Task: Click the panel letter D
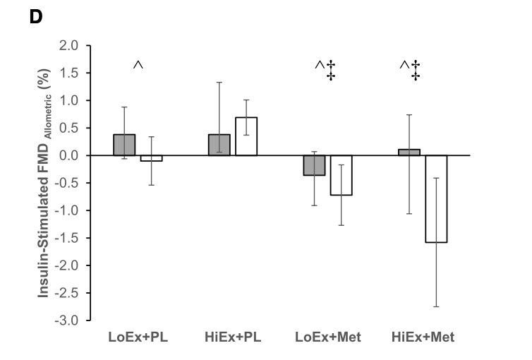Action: click(34, 15)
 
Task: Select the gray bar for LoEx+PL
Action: click(124, 145)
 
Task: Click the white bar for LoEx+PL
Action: click(151, 158)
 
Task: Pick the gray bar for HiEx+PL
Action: click(219, 145)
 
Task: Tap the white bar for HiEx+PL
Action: click(246, 136)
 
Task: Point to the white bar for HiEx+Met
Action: click(436, 198)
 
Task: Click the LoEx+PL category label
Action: click(138, 337)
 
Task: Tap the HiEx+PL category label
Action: click(233, 337)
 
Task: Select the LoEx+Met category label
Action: click(328, 337)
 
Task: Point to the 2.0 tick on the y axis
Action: click(72, 46)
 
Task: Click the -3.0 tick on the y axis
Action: click(71, 320)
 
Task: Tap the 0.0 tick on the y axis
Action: click(72, 155)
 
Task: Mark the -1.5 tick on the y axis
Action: click(71, 238)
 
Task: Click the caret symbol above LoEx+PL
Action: click(138, 66)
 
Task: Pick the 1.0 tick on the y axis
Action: click(72, 101)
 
